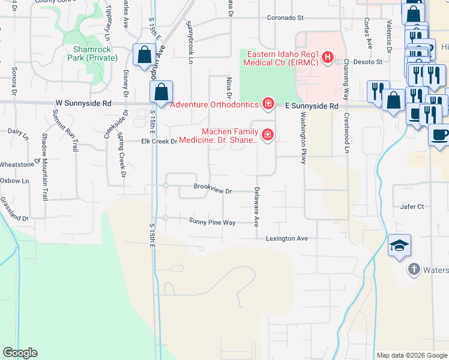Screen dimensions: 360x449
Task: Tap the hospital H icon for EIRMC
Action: tap(327, 58)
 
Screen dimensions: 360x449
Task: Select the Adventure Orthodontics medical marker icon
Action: tap(268, 104)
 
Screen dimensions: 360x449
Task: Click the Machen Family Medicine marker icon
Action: tap(267, 135)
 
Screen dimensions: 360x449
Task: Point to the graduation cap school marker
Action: tap(399, 245)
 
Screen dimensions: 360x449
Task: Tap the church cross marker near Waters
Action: tap(414, 269)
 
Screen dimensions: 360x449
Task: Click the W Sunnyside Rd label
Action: tap(83, 103)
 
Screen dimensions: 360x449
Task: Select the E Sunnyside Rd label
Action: tap(311, 106)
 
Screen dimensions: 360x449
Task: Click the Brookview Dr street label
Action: tap(212, 187)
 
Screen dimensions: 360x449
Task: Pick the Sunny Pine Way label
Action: tap(212, 222)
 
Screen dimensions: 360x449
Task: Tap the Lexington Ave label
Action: tap(287, 238)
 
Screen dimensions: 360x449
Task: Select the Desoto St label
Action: tap(364, 62)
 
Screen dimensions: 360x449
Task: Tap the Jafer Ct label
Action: tap(412, 206)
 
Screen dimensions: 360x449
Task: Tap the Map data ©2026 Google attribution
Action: tap(412, 355)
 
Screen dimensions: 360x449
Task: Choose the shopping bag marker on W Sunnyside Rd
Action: tap(161, 92)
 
